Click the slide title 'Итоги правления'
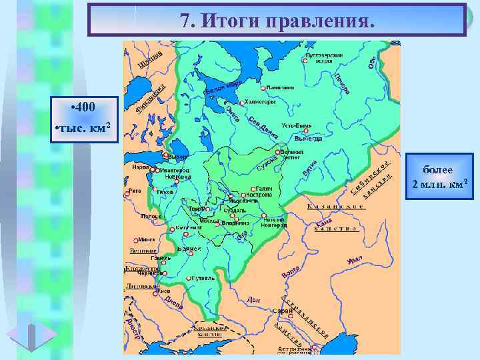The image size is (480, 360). pos(277,20)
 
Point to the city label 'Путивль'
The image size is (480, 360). pos(201,278)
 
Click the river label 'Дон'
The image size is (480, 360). pos(253,300)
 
